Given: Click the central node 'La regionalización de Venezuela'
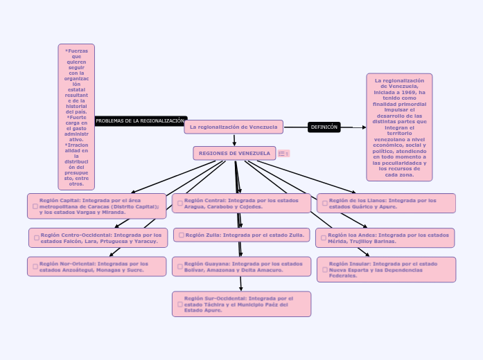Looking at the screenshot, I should pyautogui.click(x=234, y=127).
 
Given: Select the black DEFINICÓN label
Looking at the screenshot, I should pyautogui.click(x=324, y=127).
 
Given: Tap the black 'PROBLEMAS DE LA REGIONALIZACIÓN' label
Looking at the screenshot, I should pyautogui.click(x=140, y=120).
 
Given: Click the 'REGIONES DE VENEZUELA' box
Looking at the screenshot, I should pyautogui.click(x=234, y=153).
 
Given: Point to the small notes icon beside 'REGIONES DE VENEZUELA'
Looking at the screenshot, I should pyautogui.click(x=282, y=154).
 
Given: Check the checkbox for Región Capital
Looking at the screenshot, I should pyautogui.click(x=35, y=206).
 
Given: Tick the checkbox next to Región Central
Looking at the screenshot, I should pyautogui.click(x=179, y=204).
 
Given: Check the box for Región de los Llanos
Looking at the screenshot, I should pyautogui.click(x=324, y=204).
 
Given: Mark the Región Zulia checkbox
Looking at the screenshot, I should pyautogui.click(x=181, y=235).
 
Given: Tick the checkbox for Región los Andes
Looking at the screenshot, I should pyautogui.click(x=323, y=238).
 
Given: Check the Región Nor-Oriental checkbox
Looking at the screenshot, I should pyautogui.click(x=35, y=267).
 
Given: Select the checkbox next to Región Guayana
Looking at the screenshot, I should pyautogui.click(x=179, y=267).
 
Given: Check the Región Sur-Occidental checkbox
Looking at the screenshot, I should pyautogui.click(x=179, y=304).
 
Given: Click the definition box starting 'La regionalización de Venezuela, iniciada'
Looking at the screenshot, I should pyautogui.click(x=399, y=127).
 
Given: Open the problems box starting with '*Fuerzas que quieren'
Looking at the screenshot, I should pyautogui.click(x=76, y=116).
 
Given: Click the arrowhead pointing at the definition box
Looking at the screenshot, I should pyautogui.click(x=364, y=127).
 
